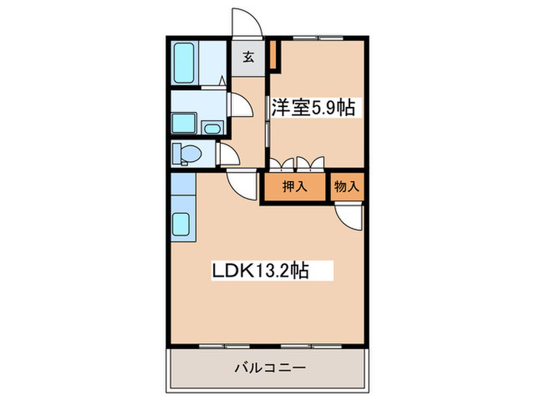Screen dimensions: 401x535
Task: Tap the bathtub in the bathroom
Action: pyautogui.click(x=186, y=63)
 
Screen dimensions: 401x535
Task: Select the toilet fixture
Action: pyautogui.click(x=186, y=153)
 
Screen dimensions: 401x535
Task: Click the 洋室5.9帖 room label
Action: pyautogui.click(x=311, y=107)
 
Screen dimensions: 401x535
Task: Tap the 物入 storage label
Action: pyautogui.click(x=345, y=186)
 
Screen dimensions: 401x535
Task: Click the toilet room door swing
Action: pyautogui.click(x=228, y=154)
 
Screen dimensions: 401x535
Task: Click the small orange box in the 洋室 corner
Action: pyautogui.click(x=274, y=53)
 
